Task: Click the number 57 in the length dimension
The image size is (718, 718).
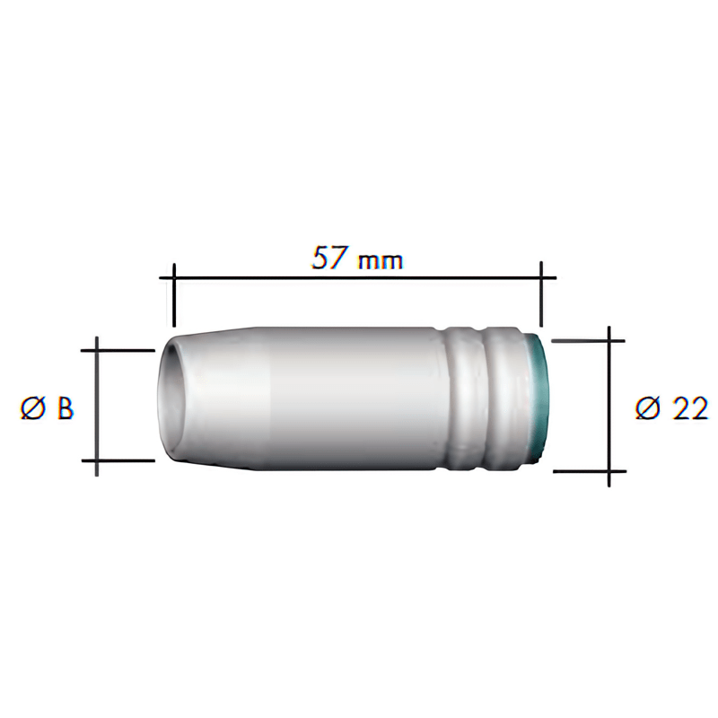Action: (329, 258)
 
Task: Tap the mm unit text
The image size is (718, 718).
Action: (381, 261)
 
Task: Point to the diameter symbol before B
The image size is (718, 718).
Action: (31, 408)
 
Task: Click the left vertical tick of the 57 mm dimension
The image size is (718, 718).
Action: (173, 295)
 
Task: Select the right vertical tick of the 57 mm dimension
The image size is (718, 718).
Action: (541, 293)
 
